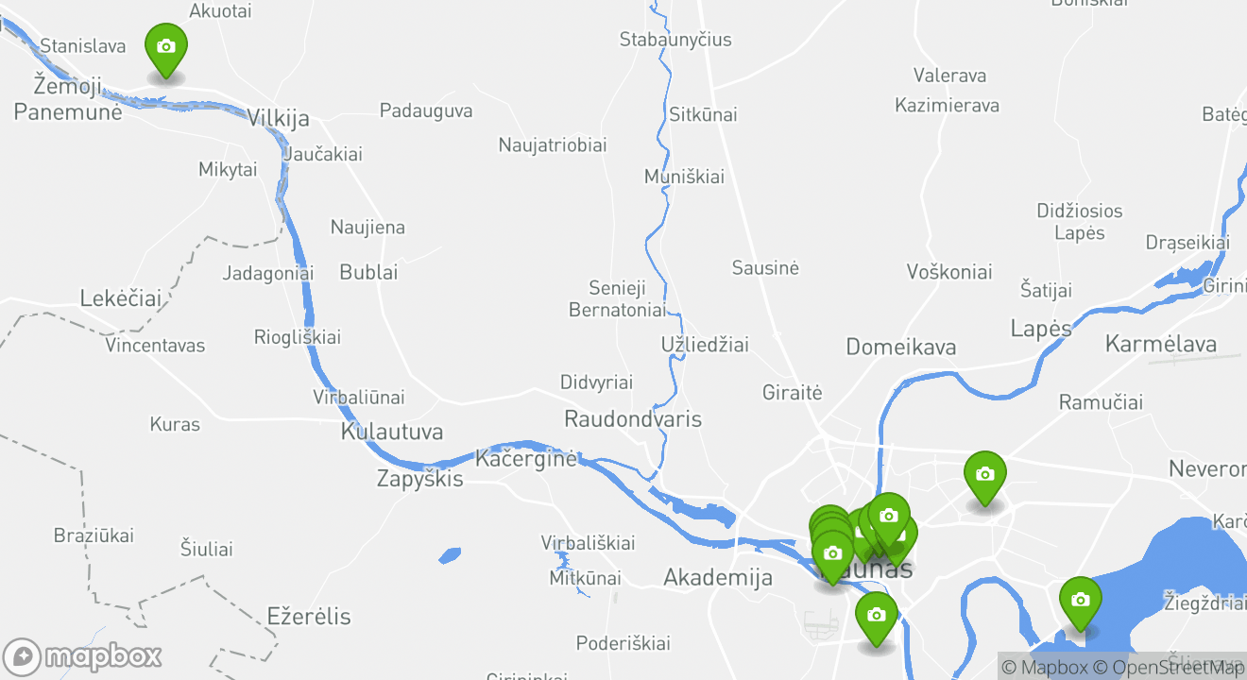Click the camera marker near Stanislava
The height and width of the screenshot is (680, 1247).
[x=165, y=47]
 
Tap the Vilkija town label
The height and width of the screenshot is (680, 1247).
[x=278, y=118]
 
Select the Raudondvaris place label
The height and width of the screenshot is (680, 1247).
[x=632, y=418]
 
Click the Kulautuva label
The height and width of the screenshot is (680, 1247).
[x=391, y=433]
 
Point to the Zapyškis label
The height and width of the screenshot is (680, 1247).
[x=419, y=479]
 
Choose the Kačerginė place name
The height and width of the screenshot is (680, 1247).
[x=524, y=459]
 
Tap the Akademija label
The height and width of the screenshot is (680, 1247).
[x=717, y=577]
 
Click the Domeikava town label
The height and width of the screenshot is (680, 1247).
[x=899, y=347]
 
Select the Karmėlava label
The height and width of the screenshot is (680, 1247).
[x=1160, y=343]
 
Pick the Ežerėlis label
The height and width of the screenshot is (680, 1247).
[x=308, y=617]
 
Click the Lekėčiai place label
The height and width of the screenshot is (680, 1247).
[x=120, y=298]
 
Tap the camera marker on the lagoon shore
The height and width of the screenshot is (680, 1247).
[x=1079, y=601]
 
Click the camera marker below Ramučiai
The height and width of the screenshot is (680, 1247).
[x=983, y=475]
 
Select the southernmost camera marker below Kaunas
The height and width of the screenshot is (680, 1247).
[x=876, y=616]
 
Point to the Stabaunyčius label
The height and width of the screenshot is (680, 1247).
[x=675, y=40]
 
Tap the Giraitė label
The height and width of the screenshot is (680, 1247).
[x=792, y=392]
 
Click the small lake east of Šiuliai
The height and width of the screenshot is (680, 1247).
[x=450, y=555]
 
